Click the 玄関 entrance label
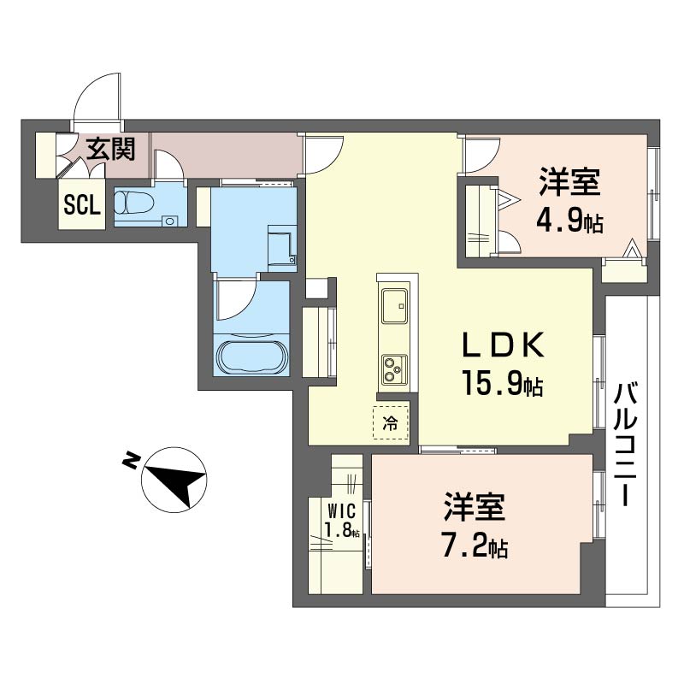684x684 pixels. pyautogui.click(x=110, y=149)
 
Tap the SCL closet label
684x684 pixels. pyautogui.click(x=82, y=204)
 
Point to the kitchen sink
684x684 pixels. pyautogui.click(x=394, y=306)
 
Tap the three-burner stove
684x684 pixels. pyautogui.click(x=394, y=369)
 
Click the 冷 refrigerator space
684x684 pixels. pyautogui.click(x=391, y=422)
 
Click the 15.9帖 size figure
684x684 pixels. pyautogui.click(x=503, y=383)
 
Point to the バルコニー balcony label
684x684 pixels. pyautogui.click(x=626, y=444)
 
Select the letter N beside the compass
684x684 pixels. pyautogui.click(x=131, y=460)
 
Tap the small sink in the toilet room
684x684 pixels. pyautogui.click(x=170, y=221)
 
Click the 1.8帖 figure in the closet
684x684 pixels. pyautogui.click(x=343, y=529)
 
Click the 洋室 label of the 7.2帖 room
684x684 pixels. pyautogui.click(x=475, y=507)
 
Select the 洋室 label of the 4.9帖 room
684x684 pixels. pyautogui.click(x=569, y=182)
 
